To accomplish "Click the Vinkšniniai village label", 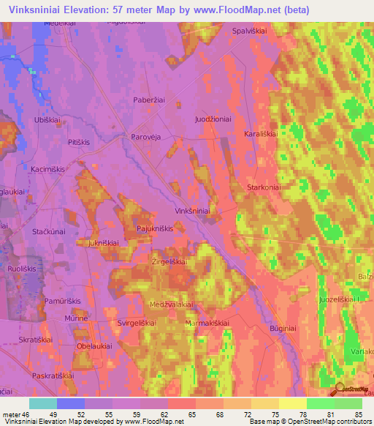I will point(193,210).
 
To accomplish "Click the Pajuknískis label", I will point(155,229).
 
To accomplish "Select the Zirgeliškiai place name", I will point(169,261).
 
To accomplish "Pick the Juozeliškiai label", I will point(337,299).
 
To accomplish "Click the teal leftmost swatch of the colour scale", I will point(42,403).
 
